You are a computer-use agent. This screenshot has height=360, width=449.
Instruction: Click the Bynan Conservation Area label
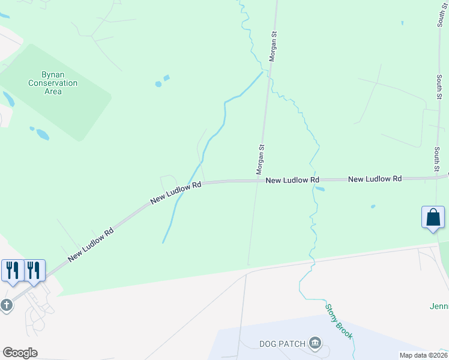pos(53,83)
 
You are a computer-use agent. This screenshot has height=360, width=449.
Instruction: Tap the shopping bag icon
pos(433,217)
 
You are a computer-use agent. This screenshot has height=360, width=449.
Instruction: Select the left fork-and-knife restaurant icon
pos(12,270)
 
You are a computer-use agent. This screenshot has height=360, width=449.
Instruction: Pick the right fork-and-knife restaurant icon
pos(33,270)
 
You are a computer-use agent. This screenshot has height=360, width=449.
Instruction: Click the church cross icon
pos(6,305)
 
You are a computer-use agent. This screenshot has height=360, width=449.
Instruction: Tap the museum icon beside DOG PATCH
pos(315,344)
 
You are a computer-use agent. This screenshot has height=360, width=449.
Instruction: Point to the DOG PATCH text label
pos(283,344)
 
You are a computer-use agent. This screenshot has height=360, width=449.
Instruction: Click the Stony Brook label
pos(339,322)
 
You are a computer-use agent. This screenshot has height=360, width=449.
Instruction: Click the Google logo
pos(20,352)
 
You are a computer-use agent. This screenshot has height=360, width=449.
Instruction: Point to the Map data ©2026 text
pos(423,355)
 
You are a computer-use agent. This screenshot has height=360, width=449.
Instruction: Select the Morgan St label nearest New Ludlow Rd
pos(261,160)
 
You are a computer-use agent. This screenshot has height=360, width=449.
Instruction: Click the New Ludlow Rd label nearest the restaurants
pos(91,244)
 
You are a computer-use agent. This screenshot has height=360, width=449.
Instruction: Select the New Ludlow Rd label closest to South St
pos(375,179)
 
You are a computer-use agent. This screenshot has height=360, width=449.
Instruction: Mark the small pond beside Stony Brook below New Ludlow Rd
pos(320,189)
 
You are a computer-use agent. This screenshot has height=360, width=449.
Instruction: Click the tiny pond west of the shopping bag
pos(373,207)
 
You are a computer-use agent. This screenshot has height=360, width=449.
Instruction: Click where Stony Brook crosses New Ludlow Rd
pos(312,179)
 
